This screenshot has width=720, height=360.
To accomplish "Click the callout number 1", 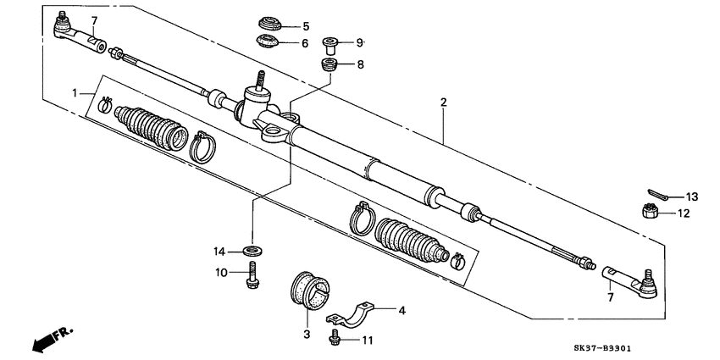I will pyautogui.click(x=75, y=91).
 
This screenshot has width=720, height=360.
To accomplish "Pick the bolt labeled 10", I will pyautogui.click(x=252, y=274).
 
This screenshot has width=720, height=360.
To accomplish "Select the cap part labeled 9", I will pyautogui.click(x=331, y=43).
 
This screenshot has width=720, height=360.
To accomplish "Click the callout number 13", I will pyautogui.click(x=692, y=197).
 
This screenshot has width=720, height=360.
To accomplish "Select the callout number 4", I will pyautogui.click(x=402, y=310).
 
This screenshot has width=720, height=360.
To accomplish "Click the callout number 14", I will pyautogui.click(x=219, y=251).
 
